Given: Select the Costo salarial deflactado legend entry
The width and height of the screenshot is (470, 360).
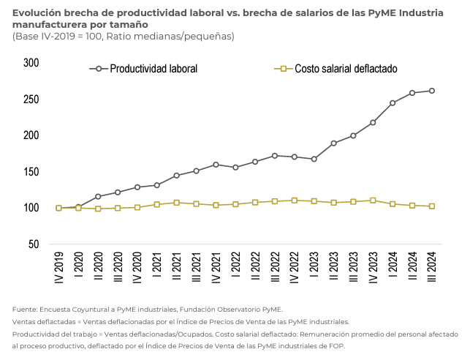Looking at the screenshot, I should pos(346,69).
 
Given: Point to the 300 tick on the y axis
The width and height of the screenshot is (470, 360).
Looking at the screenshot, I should pos(31,63).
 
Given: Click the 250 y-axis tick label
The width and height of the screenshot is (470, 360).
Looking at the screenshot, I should pos(31,100).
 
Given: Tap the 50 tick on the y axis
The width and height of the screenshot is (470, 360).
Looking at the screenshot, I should pos(34,244).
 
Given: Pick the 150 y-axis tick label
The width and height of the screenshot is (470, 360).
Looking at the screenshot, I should pos(31,172).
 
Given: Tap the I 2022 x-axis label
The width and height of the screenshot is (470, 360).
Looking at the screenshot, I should pos(235,269).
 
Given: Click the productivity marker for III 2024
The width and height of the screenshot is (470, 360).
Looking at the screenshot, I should pos(432,91).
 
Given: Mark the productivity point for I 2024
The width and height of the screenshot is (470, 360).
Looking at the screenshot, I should pos(393,103).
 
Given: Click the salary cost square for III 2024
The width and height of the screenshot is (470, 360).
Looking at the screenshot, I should pos(432,206).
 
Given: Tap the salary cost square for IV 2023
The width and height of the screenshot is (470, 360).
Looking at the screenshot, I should pos(373,200).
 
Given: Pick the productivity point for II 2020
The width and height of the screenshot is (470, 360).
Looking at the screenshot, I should pos(98,197).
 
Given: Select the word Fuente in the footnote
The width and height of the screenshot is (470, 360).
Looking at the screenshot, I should pos(24,310).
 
